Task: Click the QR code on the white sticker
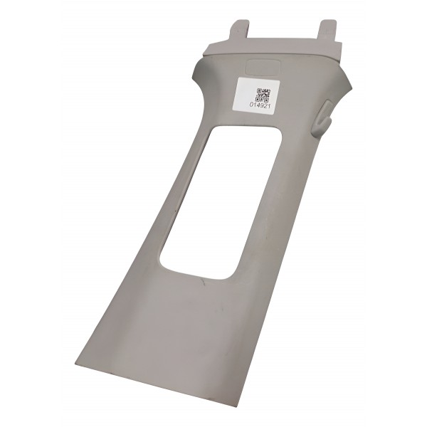coord(263,94)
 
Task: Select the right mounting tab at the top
coord(327,31)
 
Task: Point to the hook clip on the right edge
coord(322,116)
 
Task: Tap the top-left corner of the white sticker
coord(238,80)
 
